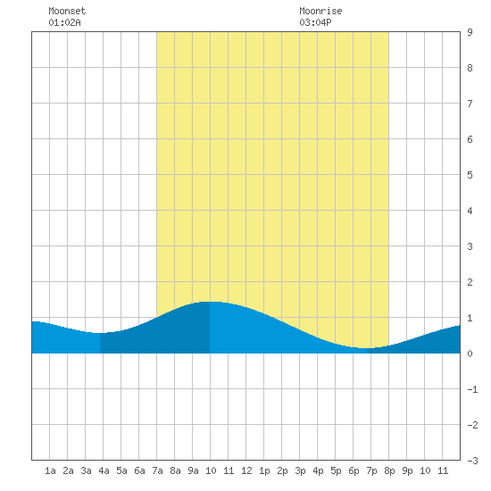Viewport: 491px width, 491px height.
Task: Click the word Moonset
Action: pyautogui.click(x=67, y=11)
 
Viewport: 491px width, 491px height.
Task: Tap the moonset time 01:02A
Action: pyautogui.click(x=64, y=22)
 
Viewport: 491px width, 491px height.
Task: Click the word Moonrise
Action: pyautogui.click(x=320, y=11)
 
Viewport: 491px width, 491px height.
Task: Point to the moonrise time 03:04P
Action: pyautogui.click(x=315, y=22)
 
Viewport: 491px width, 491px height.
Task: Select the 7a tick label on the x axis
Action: pyautogui.click(x=157, y=470)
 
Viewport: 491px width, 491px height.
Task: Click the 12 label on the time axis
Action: pyautogui.click(x=246, y=470)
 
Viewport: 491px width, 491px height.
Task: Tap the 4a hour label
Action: pyautogui.click(x=104, y=470)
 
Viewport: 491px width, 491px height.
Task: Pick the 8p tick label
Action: pyautogui.click(x=389, y=471)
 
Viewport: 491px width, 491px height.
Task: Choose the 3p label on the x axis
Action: pyautogui.click(x=300, y=471)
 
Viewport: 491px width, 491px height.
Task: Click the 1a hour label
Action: pyautogui.click(x=50, y=470)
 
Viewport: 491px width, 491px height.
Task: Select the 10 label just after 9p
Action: pyautogui.click(x=425, y=470)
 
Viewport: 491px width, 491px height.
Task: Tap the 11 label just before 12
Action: pyautogui.click(x=229, y=470)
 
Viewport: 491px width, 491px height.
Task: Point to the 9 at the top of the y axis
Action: pyautogui.click(x=470, y=32)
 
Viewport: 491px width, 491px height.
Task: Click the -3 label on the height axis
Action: pyautogui.click(x=473, y=461)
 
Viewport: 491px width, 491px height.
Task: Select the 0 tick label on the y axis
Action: pyautogui.click(x=470, y=354)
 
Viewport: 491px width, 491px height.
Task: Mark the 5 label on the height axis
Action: pyautogui.click(x=470, y=175)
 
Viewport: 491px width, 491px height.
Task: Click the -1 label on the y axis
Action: pyautogui.click(x=473, y=389)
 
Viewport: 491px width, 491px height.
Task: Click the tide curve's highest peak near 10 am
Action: pyautogui.click(x=210, y=302)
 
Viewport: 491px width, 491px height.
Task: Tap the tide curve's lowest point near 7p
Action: pyautogui.click(x=366, y=348)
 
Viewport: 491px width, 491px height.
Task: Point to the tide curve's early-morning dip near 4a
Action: pyautogui.click(x=100, y=333)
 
